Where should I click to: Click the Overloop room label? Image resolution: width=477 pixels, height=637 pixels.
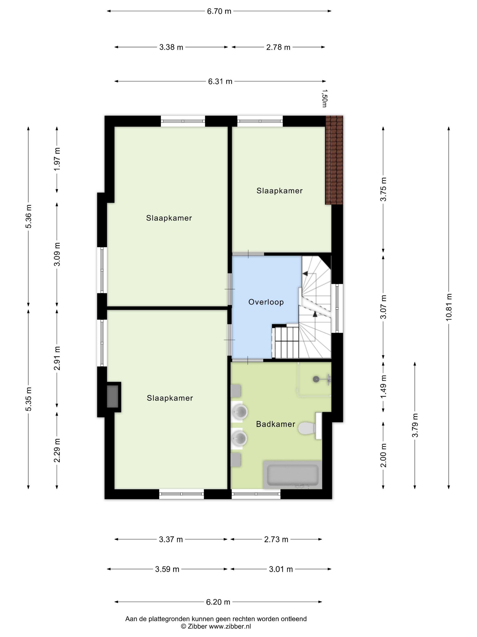pos(266,302)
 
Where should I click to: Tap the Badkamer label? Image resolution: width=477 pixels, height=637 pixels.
pos(276,424)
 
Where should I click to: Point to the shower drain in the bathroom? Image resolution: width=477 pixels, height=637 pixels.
pos(316,379)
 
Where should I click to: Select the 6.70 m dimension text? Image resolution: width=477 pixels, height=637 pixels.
pos(219,11)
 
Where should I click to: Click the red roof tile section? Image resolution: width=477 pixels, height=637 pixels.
pos(334,160)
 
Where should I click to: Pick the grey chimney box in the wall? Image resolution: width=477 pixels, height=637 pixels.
pos(112,396)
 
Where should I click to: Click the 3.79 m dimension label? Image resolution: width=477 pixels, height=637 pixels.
pos(415,425)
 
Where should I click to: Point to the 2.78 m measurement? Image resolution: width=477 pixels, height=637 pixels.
pos(278,47)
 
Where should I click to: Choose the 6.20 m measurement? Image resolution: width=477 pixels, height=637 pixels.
pos(218,602)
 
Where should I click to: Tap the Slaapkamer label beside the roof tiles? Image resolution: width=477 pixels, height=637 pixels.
pos(279,191)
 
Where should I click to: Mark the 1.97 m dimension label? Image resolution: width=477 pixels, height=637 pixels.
pos(57,159)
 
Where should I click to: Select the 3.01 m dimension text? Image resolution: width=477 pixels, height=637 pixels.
pos(281,569)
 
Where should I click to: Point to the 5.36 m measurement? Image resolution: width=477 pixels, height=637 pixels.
pos(29,216)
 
